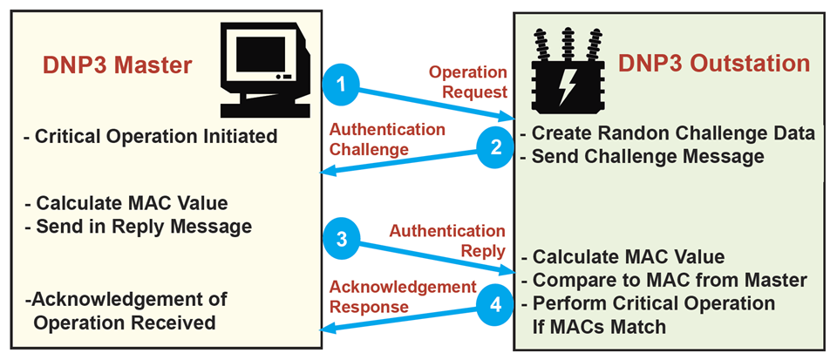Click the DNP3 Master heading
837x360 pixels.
(x=116, y=67)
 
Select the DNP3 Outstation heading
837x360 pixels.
(x=715, y=64)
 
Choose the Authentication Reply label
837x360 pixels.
(x=446, y=241)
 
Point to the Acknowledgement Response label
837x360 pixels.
(x=402, y=296)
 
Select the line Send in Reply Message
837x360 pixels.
(x=139, y=227)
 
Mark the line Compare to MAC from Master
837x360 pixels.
(x=668, y=281)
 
